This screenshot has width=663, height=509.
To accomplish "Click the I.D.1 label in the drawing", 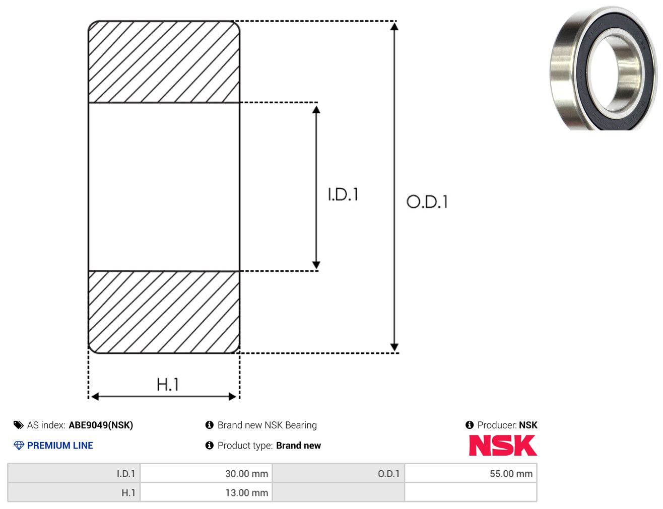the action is (343, 194).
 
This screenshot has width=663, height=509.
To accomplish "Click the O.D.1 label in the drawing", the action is (427, 201).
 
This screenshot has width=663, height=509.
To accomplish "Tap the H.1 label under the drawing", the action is (167, 384).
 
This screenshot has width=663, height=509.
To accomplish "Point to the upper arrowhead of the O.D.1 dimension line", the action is (394, 27).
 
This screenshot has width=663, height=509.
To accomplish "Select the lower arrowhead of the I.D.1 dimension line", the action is (316, 264).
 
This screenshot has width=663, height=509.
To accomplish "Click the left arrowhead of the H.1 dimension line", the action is (95, 396).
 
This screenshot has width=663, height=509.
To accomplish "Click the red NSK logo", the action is (503, 445).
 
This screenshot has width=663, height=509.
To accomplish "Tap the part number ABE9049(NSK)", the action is (101, 425).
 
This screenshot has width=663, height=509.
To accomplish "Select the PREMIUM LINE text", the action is (60, 445).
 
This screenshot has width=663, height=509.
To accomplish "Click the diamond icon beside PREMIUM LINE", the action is (19, 445).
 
